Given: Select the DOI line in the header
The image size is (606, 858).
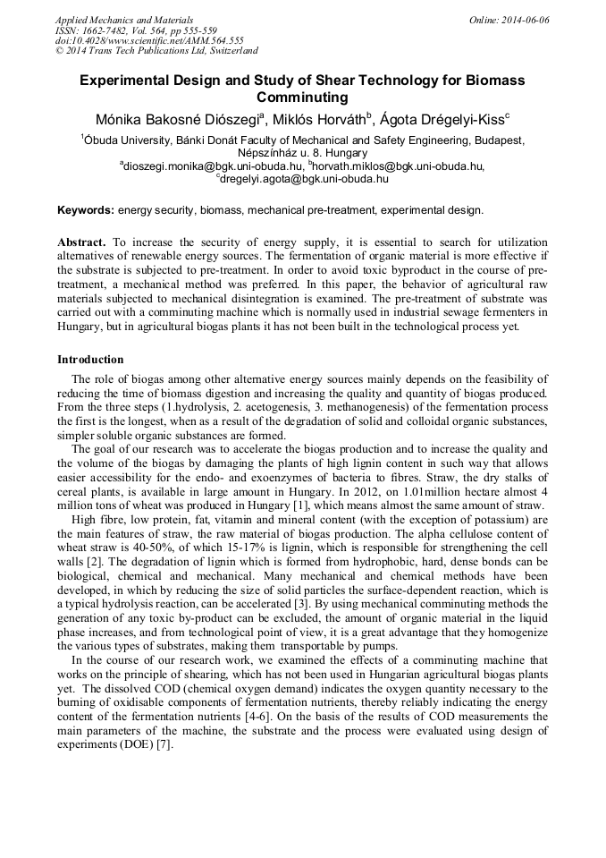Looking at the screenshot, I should coord(149,40).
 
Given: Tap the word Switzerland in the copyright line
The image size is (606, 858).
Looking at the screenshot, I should coord(231,51).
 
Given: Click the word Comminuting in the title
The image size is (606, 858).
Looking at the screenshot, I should coord(302,98).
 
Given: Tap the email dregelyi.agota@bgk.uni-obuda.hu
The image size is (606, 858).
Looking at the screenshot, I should coord(304,178).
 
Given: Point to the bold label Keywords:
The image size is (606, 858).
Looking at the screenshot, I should coord(86,210).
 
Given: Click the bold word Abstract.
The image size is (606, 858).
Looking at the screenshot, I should coord(80,242).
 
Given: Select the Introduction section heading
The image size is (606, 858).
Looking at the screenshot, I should coord(90,360).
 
